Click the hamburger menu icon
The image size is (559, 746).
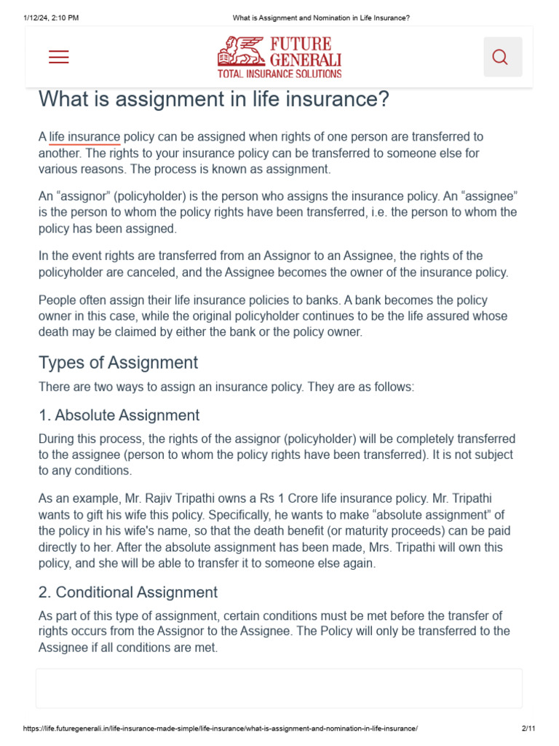point(59,57)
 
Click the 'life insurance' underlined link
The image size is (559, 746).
point(84,137)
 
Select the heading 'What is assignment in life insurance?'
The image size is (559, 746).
point(214,100)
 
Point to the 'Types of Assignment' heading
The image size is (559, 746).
point(118,363)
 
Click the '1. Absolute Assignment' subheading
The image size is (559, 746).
point(119,415)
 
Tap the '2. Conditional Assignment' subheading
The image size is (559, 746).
point(127,592)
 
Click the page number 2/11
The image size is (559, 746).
point(528,729)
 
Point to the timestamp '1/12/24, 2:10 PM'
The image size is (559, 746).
point(50,17)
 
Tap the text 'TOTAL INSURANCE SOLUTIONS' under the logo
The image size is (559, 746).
point(279,74)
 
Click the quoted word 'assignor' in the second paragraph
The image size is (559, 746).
point(82,197)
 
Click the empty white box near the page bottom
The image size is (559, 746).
point(279,688)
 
